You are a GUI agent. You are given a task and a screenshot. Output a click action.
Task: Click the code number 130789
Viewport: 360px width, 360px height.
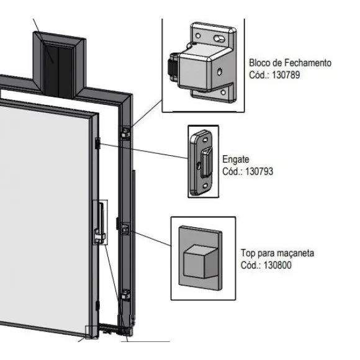[x=286, y=75]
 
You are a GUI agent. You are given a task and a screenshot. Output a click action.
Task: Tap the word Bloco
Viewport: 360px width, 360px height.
[x=261, y=63]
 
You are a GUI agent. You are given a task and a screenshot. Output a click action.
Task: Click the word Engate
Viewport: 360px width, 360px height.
[x=236, y=160]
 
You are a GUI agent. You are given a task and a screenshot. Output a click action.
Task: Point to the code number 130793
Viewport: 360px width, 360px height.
[x=259, y=171]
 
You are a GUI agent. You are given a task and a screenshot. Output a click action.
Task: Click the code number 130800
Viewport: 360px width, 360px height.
[x=277, y=265]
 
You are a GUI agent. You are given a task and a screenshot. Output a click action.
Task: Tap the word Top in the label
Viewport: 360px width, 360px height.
[x=248, y=253]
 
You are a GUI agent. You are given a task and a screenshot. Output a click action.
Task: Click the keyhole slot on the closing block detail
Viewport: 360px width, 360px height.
[x=220, y=38]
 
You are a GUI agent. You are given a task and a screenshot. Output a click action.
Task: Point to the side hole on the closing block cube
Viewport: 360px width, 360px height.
[x=220, y=72]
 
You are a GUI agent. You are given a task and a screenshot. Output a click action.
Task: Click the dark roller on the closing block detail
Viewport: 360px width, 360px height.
[x=173, y=67]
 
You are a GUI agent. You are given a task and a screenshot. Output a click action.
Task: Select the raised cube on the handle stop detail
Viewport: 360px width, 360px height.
[x=200, y=261]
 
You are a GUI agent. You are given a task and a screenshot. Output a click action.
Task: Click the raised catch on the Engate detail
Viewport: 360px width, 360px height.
[x=207, y=163]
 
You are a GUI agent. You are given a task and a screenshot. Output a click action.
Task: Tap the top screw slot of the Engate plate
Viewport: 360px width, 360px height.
[x=205, y=140]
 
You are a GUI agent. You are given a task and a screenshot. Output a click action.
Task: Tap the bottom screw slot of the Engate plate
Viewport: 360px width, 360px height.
[x=205, y=186]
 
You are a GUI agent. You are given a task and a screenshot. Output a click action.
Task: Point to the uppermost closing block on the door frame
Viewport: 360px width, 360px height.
[x=125, y=133]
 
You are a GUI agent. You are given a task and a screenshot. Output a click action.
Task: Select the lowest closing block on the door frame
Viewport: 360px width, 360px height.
[x=125, y=295]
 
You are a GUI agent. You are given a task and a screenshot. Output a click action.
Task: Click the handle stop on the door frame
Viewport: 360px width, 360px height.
[x=125, y=228]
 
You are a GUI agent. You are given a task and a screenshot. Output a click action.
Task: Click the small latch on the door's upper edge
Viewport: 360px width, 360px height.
[x=98, y=143]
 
